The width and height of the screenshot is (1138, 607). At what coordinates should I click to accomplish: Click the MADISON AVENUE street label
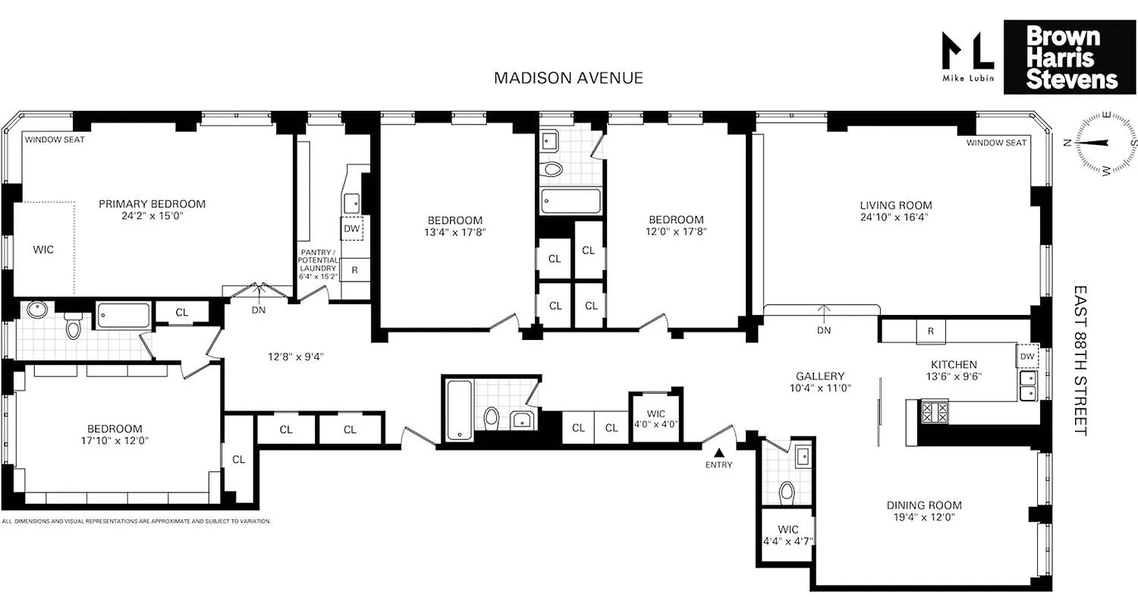[x=568, y=77]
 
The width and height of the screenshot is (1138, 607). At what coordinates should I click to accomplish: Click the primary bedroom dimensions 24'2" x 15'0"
[x=152, y=216]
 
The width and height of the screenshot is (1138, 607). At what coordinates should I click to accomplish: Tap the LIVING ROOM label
[x=895, y=205]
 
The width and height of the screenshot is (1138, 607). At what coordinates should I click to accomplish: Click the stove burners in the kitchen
[x=934, y=412]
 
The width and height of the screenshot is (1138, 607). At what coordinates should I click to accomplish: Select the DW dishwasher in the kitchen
[x=1026, y=357]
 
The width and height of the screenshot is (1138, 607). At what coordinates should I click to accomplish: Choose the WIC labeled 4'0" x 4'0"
[x=655, y=419]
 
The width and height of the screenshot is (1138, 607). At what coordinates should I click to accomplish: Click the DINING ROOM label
[x=924, y=505]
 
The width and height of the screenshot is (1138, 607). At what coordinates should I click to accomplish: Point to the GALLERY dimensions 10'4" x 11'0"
[x=819, y=388]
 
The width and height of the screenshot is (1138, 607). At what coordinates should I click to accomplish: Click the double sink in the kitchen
[x=1028, y=385]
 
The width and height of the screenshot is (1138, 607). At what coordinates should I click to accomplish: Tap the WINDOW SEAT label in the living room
[x=997, y=143]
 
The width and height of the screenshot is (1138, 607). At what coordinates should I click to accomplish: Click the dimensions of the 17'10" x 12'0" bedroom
[x=114, y=441]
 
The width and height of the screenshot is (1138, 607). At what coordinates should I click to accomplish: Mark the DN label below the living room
[x=824, y=330]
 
